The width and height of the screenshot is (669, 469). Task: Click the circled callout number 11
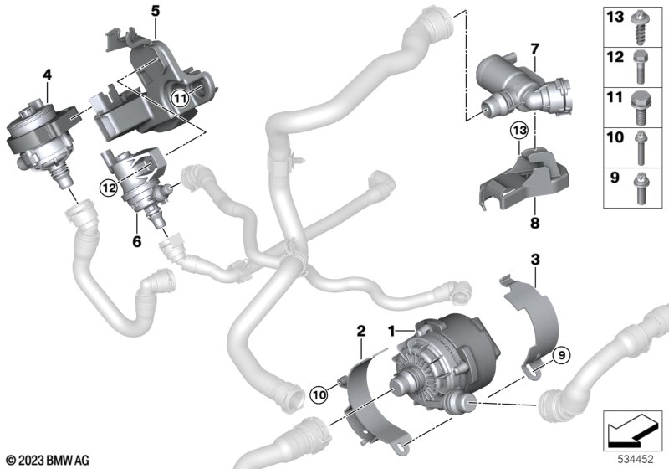[x=180, y=99]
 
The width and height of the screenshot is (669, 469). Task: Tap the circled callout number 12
[x=109, y=188]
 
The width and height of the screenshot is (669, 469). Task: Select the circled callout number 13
[x=519, y=131]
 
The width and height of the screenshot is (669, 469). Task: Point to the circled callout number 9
[x=561, y=355]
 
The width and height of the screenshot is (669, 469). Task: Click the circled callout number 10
[x=319, y=395]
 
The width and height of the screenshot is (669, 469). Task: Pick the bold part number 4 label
[x=47, y=75]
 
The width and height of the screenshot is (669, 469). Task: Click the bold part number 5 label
[x=156, y=11]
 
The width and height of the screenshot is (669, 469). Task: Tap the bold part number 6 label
[x=136, y=241]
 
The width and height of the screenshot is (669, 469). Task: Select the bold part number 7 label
[x=535, y=49]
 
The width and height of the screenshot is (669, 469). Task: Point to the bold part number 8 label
[x=534, y=223]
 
